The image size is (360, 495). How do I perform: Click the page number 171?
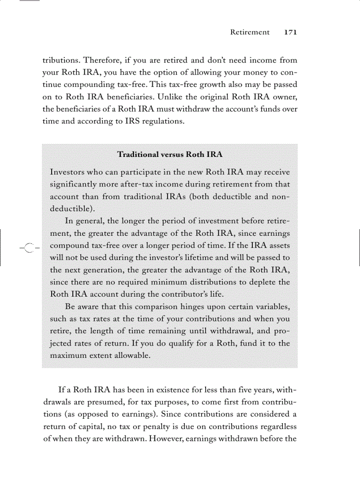pyautogui.click(x=290, y=32)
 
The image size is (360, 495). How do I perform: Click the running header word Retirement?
pyautogui.click(x=250, y=32)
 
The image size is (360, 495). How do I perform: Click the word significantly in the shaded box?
pyautogui.click(x=75, y=184)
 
